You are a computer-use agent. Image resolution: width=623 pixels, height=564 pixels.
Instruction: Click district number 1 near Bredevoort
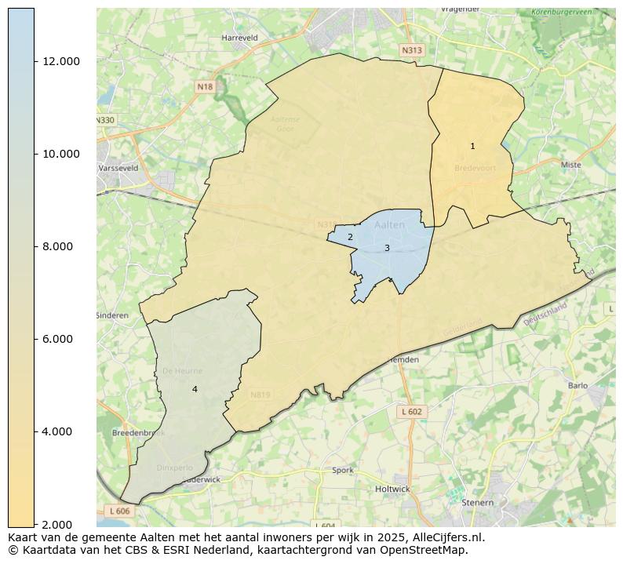tap(472, 147)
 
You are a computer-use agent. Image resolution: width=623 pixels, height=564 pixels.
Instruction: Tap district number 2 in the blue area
tap(350, 237)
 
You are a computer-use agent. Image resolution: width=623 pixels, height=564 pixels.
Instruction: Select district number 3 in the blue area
tap(387, 248)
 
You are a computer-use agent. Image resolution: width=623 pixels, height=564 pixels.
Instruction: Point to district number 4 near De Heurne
tap(195, 389)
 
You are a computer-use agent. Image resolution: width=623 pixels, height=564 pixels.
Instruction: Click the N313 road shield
tap(411, 50)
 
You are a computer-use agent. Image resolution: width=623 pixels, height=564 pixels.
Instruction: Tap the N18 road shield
tap(205, 87)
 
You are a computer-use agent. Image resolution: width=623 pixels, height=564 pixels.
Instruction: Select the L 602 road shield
tap(411, 412)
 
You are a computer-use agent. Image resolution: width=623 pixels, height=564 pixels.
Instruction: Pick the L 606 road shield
tap(119, 511)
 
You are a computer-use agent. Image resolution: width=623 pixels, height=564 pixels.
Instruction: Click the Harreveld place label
tap(239, 37)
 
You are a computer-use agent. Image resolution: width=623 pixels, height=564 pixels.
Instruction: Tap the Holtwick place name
tap(392, 489)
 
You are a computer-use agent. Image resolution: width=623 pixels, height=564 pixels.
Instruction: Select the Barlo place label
tap(577, 385)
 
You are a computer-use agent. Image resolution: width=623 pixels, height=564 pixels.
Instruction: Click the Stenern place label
tap(478, 502)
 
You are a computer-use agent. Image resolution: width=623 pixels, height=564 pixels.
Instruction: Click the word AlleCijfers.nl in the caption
tap(448, 538)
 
